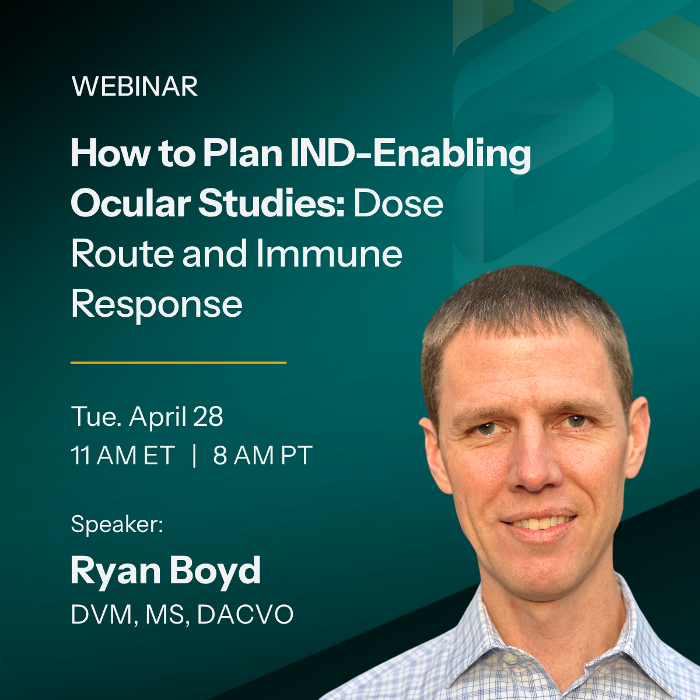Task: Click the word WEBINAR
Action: pyautogui.click(x=135, y=87)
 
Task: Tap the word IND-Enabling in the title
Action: pyautogui.click(x=410, y=154)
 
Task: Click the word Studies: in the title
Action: pyautogui.click(x=272, y=204)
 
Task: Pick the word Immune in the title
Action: pyautogui.click(x=329, y=254)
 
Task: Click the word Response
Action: pyautogui.click(x=156, y=304)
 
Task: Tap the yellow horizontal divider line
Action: pyautogui.click(x=178, y=362)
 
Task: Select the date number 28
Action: pyautogui.click(x=208, y=417)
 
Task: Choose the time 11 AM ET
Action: pyautogui.click(x=123, y=456)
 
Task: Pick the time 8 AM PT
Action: pyautogui.click(x=262, y=456)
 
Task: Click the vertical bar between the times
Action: pyautogui.click(x=194, y=456)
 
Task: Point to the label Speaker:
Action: pyautogui.click(x=117, y=524)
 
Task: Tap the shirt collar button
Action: pyautogui.click(x=510, y=659)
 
